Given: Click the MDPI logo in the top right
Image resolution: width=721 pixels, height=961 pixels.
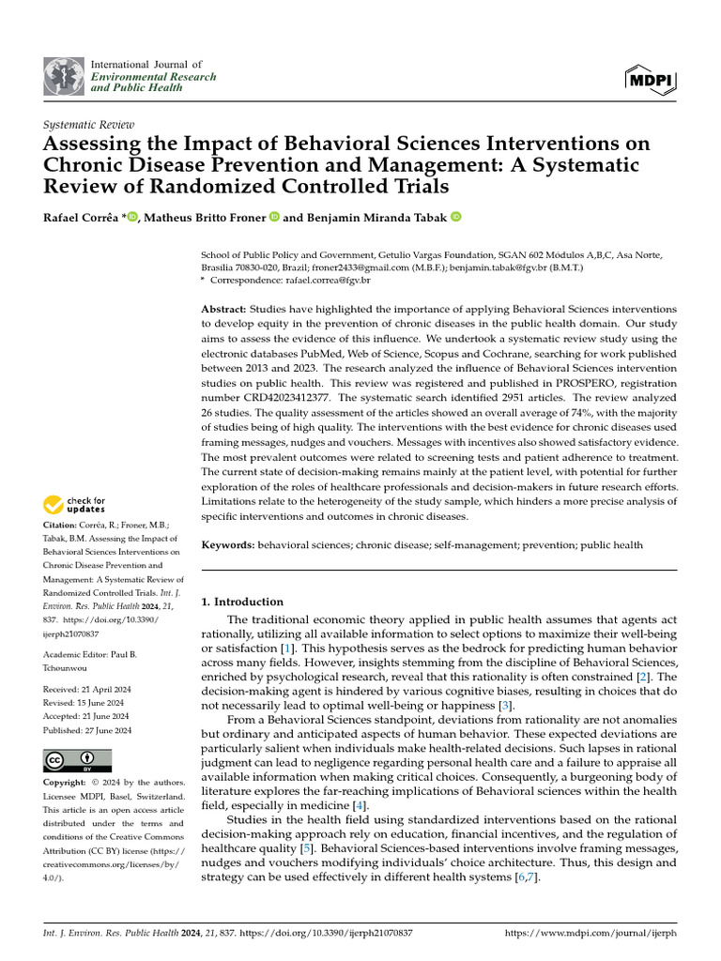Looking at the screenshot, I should (649, 80).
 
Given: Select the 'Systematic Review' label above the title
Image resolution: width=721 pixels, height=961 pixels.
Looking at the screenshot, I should (89, 125).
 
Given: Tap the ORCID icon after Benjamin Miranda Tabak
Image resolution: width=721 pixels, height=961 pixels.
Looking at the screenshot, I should (456, 218).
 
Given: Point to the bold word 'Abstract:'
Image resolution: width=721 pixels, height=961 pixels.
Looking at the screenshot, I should (223, 309).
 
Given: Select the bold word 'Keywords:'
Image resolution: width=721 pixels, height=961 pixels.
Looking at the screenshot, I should (228, 544).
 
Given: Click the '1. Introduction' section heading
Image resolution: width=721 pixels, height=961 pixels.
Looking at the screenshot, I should (242, 602).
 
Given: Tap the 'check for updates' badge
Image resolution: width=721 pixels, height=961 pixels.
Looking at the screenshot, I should (76, 505).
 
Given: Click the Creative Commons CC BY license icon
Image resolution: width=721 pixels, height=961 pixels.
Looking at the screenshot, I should (77, 760).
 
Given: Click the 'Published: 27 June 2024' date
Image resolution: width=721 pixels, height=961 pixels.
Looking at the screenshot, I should (88, 729).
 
